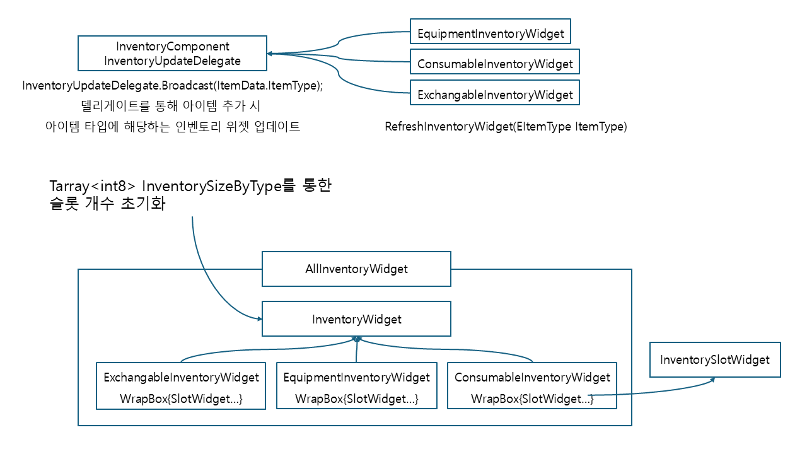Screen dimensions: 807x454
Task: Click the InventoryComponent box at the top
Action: [172, 54]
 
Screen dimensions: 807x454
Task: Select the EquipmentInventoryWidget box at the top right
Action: [491, 32]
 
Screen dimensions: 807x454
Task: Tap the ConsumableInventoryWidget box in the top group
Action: [495, 62]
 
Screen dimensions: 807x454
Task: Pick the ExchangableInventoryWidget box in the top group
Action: [495, 93]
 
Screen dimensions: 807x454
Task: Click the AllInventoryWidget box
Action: [356, 269]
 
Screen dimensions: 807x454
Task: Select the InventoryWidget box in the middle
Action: [356, 319]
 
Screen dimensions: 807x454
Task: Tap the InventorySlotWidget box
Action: [715, 359]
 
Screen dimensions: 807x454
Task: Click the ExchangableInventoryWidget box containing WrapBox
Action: [181, 386]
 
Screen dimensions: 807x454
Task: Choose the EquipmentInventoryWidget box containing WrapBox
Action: [357, 385]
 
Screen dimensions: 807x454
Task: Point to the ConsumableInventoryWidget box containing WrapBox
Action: [532, 385]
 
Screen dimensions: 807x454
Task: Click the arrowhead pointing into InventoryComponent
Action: [269, 54]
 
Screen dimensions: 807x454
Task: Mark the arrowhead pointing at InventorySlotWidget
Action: [712, 380]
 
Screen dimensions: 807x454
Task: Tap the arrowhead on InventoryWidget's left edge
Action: [259, 318]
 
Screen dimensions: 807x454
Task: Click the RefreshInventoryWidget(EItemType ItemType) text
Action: [506, 127]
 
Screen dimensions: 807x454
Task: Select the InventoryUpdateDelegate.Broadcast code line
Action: [173, 85]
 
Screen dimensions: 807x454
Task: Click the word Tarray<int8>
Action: [92, 186]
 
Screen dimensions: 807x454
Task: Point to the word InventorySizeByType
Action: [212, 186]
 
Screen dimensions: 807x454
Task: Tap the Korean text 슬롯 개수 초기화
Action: [107, 204]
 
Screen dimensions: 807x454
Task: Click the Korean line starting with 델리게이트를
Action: [170, 106]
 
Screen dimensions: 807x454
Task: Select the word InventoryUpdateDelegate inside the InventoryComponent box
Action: [172, 61]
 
